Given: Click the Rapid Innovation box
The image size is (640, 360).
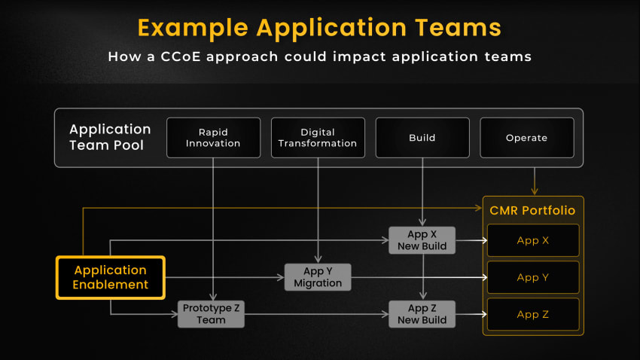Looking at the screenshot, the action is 214,138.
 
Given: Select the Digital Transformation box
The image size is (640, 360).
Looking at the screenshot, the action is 318,138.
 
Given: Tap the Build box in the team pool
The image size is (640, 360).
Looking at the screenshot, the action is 422,138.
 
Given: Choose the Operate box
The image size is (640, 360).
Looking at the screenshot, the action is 527,138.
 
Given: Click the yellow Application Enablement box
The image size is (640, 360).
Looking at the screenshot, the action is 111,278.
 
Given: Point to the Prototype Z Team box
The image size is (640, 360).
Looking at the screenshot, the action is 211,314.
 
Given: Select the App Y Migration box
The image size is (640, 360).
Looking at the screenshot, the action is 318,277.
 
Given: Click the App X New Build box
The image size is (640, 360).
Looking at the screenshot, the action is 422,240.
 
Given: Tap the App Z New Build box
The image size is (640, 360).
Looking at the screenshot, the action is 422,314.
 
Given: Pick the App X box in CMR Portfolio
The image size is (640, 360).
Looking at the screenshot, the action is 533,240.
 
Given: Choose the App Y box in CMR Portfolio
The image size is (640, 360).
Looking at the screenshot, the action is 533,278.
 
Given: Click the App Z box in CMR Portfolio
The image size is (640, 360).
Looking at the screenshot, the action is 533,314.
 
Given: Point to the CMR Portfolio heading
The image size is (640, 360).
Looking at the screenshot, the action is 532,211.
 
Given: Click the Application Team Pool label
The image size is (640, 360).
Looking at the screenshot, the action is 110,137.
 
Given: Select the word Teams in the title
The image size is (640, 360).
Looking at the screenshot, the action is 458,28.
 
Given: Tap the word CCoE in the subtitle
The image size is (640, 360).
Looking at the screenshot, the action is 181,56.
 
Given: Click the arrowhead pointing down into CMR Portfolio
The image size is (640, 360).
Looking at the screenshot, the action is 535,191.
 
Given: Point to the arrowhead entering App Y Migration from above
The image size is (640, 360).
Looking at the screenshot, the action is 318,259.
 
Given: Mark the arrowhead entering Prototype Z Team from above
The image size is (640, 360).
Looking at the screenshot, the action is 213,297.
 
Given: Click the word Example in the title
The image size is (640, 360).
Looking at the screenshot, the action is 193,29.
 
